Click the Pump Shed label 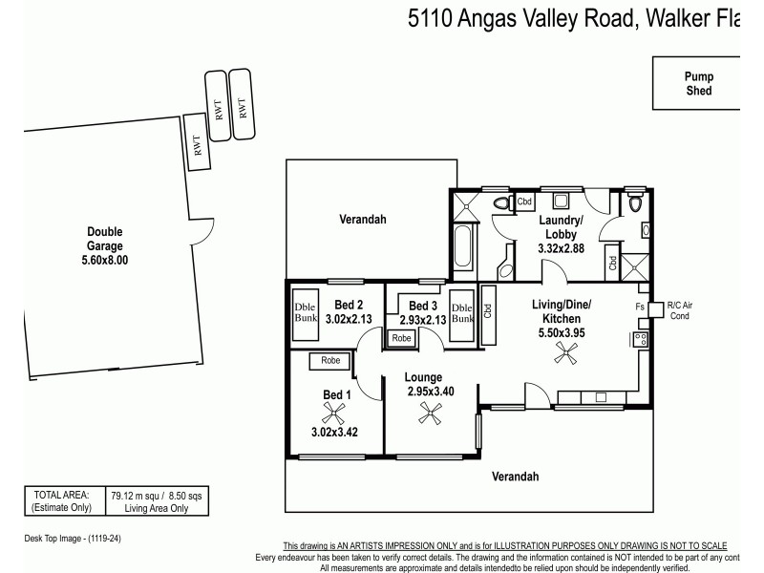coord(698,84)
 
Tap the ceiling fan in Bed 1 coord(333,414)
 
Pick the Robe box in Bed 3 coord(401,338)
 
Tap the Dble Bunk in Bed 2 coord(306,312)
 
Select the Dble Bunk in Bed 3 coord(461,312)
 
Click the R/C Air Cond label coord(679,309)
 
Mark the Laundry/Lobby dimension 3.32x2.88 coord(562,248)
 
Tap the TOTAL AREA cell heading coord(62,495)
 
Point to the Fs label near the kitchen coord(639,307)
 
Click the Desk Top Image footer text coord(73,539)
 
